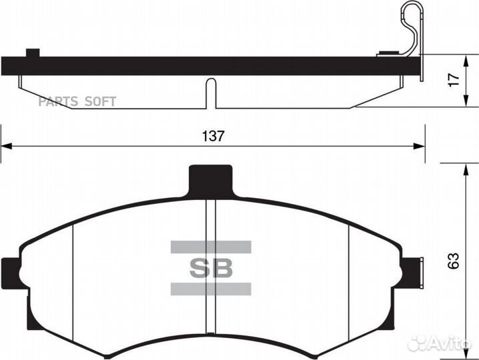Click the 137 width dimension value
point(213,135)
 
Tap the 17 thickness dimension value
point(454,79)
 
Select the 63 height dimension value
point(454,260)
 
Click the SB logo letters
point(211,268)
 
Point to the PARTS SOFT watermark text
point(77,101)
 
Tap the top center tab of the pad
point(212,181)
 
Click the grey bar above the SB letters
point(211,247)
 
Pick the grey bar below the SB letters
point(211,289)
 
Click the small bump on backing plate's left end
point(31,53)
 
